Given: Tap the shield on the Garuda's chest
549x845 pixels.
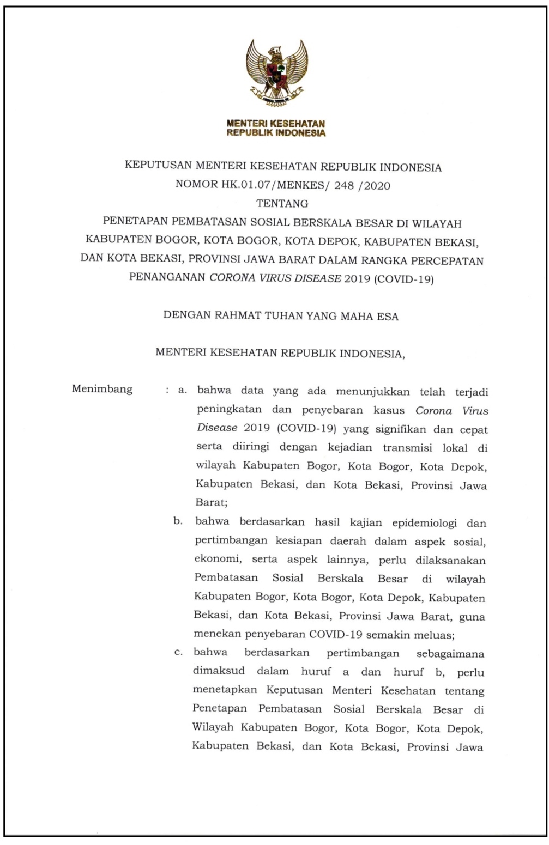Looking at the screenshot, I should click(x=277, y=71).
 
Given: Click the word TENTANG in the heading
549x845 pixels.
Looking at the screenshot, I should click(x=282, y=204).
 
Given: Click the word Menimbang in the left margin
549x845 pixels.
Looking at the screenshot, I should click(x=102, y=389).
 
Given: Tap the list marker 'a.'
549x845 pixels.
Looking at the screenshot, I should click(x=183, y=391).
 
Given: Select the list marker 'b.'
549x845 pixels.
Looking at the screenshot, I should click(x=178, y=521).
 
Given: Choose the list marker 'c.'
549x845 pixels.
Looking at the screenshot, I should click(x=178, y=653).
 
